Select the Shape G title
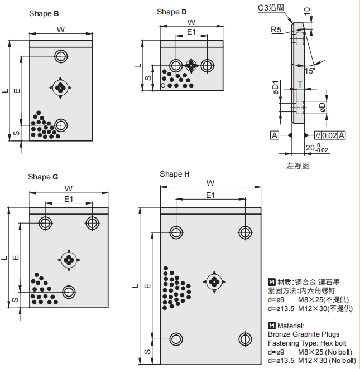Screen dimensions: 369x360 (43, 177)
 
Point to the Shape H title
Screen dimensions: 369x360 (174, 174)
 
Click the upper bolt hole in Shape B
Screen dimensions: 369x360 (61, 56)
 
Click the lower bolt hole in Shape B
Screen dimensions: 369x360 (61, 124)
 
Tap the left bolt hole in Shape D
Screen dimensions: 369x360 (175, 65)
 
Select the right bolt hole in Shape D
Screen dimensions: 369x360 (208, 65)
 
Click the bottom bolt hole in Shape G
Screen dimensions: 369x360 (69, 291)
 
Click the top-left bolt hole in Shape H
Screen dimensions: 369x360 (176, 231)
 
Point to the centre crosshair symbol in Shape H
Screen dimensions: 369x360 (214, 282)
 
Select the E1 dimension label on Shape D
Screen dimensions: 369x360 (191, 32)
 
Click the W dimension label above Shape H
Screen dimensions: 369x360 (210, 183)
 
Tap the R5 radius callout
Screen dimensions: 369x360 (276, 30)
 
